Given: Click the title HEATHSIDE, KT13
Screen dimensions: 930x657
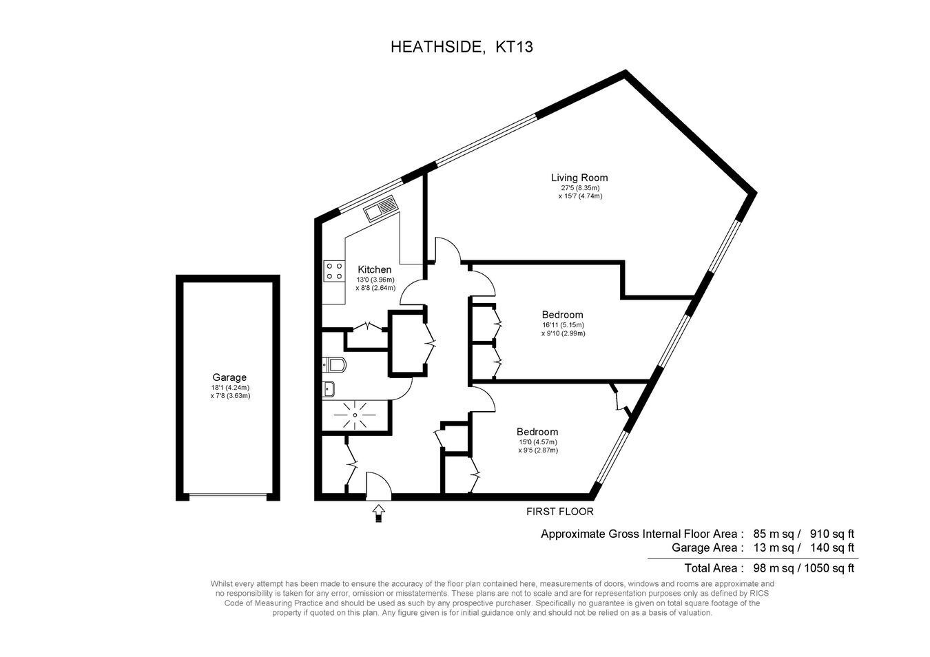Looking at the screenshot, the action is click(462, 47).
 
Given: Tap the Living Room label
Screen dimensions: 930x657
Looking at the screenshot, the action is click(579, 178).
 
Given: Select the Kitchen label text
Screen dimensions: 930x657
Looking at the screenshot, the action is click(375, 269).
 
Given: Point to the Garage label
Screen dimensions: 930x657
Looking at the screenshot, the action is click(229, 377).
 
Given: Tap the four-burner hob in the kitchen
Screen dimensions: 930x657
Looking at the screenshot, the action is click(334, 271).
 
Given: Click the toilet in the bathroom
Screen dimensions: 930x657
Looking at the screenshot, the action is click(334, 365).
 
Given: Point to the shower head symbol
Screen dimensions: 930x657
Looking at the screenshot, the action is click(355, 415).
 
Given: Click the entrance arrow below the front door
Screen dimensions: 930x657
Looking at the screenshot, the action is click(378, 513).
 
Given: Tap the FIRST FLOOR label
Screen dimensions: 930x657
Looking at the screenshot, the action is click(559, 512).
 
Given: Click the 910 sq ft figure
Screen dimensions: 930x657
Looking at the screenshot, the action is click(832, 534).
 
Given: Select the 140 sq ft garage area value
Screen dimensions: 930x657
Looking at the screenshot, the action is click(832, 547).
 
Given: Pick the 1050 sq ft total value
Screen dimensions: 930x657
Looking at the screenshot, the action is click(829, 567).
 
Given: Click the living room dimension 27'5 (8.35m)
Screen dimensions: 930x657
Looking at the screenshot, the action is click(580, 188).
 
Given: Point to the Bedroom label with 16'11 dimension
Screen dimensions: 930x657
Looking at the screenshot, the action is click(562, 315).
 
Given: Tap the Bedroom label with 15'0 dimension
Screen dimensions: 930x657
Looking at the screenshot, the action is click(537, 432).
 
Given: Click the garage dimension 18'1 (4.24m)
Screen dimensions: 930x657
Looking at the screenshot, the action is click(230, 388).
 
